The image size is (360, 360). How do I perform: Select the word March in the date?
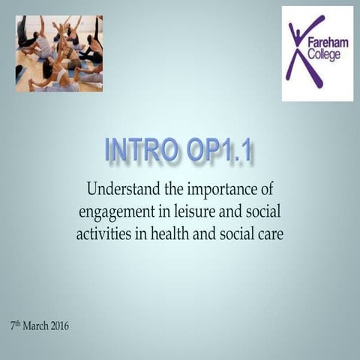pos(37,326)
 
